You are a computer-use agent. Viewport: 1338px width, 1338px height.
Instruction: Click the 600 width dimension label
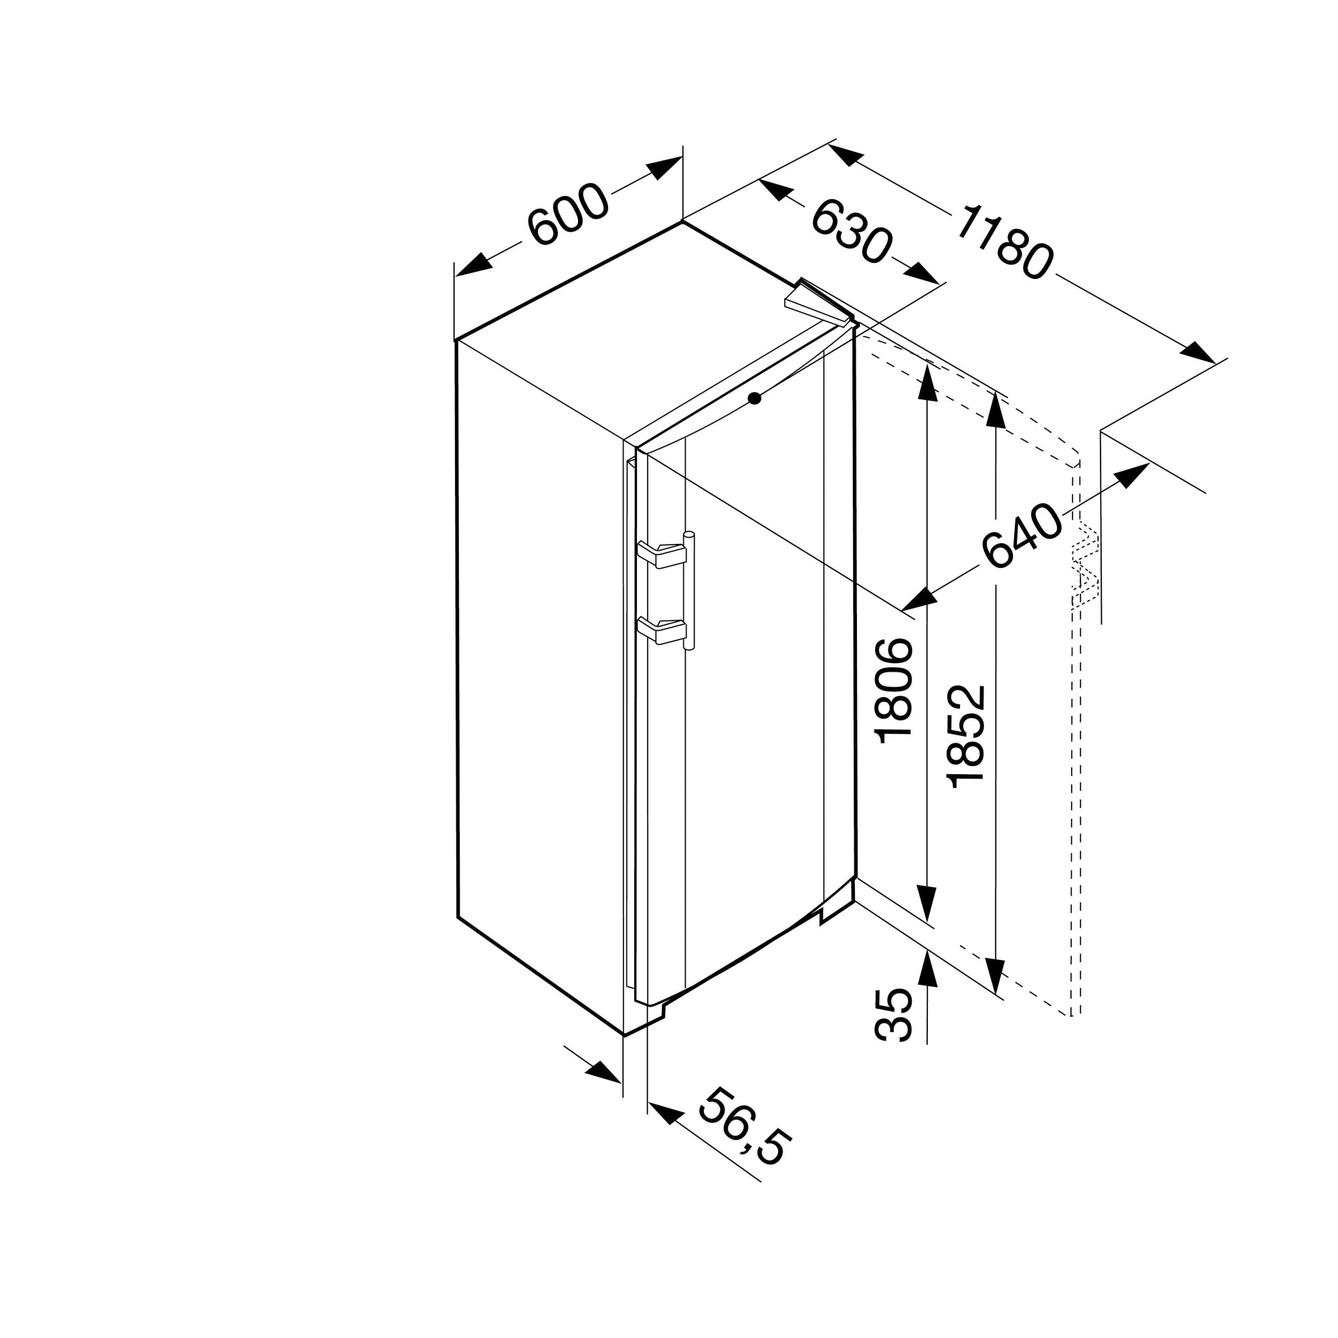pyautogui.click(x=568, y=214)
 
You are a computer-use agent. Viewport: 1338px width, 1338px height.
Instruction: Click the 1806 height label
pyautogui.click(x=894, y=691)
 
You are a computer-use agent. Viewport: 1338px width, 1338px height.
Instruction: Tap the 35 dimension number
pyautogui.click(x=894, y=1015)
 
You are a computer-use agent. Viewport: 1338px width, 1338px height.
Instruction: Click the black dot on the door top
pyautogui.click(x=754, y=398)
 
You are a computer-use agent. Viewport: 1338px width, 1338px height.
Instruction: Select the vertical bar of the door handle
pyautogui.click(x=688, y=590)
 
